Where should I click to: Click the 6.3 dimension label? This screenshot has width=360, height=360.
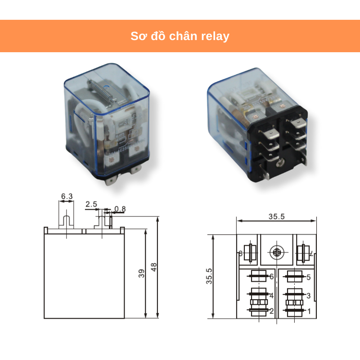[x=67, y=197]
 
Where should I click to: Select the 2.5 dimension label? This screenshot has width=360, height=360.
[x=91, y=204]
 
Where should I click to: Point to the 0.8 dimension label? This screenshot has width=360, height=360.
[x=120, y=209]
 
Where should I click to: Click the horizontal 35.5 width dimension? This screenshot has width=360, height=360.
[x=276, y=216]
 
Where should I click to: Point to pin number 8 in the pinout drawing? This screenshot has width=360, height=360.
[x=240, y=254]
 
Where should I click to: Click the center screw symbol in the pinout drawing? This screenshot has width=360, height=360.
[x=276, y=252]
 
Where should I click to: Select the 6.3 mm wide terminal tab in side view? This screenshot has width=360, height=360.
[x=67, y=222]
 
